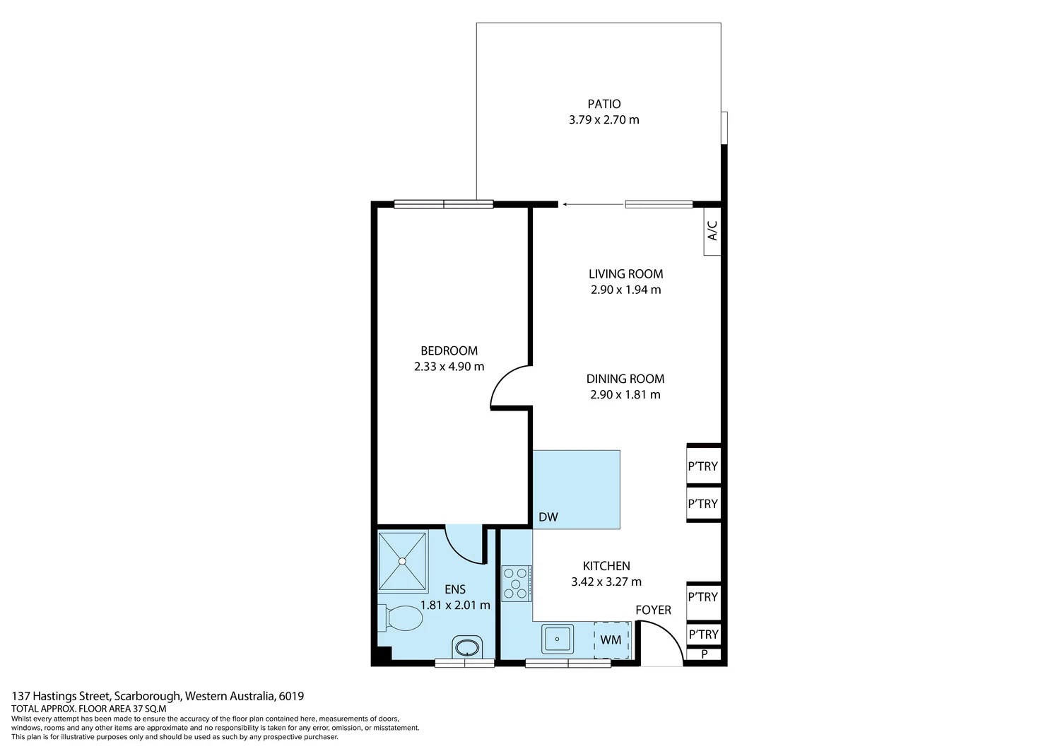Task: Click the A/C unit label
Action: (712, 230)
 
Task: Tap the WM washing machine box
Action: (611, 640)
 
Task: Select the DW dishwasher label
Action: (548, 517)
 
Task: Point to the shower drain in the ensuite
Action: (402, 561)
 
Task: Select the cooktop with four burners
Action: (517, 583)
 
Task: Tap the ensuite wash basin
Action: (466, 647)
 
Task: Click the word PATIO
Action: (603, 104)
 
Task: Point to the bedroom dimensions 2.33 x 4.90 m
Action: (449, 367)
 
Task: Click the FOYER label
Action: (653, 611)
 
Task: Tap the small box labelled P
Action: (704, 654)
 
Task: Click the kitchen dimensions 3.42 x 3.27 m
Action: (606, 582)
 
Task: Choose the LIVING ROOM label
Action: (625, 274)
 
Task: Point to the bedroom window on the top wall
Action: (443, 205)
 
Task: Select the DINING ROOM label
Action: (625, 379)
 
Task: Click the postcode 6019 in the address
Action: (291, 696)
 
